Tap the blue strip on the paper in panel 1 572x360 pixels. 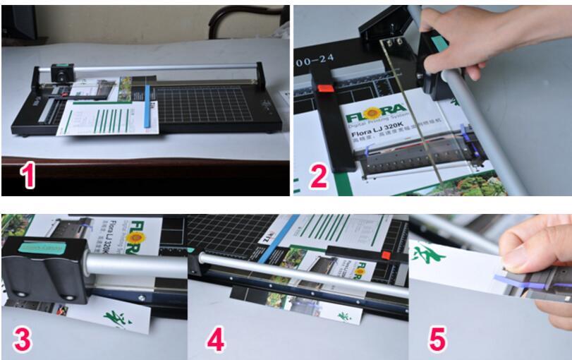(x=148, y=106)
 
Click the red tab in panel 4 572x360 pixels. (x=386, y=255)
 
